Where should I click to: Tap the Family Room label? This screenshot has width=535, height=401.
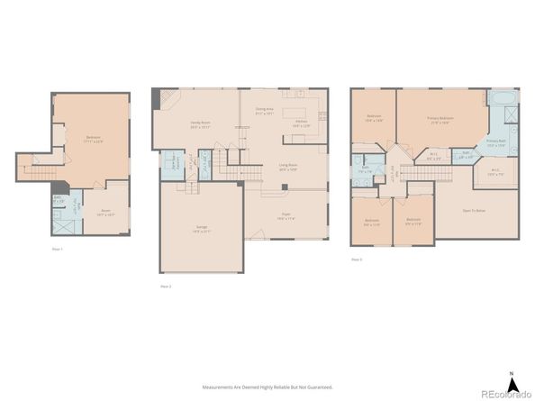(200, 126)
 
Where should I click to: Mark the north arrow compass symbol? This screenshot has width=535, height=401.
(511, 379)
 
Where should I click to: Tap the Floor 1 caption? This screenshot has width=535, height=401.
(58, 248)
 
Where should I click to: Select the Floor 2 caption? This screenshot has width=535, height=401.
(165, 286)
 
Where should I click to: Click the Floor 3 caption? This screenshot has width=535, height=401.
(358, 260)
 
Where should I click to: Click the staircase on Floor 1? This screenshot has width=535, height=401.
(36, 168)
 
